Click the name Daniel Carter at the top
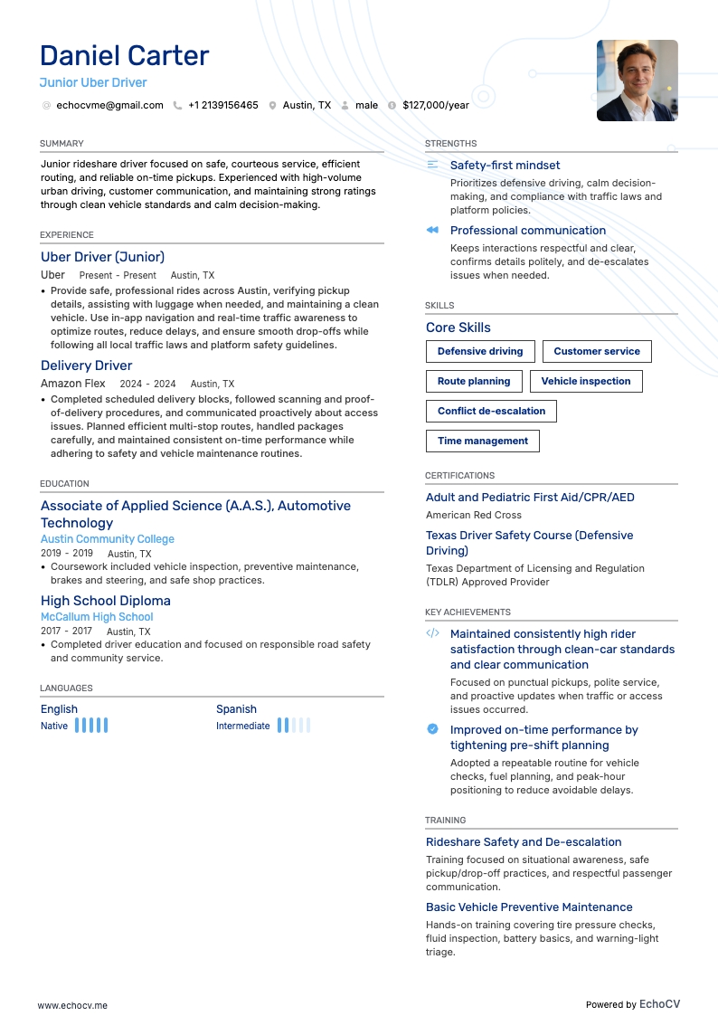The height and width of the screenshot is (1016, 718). tap(125, 56)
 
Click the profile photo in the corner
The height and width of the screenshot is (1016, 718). tap(637, 81)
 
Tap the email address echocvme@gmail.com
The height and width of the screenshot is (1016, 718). tap(109, 105)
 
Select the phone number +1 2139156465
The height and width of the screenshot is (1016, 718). tap(222, 105)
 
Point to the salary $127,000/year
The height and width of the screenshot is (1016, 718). tap(436, 105)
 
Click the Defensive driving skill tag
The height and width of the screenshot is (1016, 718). tap(480, 351)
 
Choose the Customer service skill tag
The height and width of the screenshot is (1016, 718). tap(597, 351)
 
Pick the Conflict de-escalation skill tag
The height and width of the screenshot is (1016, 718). tap(491, 411)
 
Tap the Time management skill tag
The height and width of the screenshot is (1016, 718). tap(483, 441)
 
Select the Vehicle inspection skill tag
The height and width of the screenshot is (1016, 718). tap(586, 381)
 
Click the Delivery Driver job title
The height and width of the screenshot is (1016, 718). tap(87, 366)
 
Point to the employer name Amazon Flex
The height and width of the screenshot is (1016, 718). tap(73, 384)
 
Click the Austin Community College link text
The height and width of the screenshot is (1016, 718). tap(108, 539)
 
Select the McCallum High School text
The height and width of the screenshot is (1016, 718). tap(97, 617)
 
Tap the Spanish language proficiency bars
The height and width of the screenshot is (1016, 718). tap(294, 726)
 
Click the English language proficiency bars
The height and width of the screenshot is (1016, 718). tap(91, 726)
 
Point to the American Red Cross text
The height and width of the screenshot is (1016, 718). tap(474, 515)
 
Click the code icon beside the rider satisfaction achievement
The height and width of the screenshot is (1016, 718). tap(432, 633)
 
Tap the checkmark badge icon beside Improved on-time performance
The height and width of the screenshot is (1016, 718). tap(432, 729)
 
